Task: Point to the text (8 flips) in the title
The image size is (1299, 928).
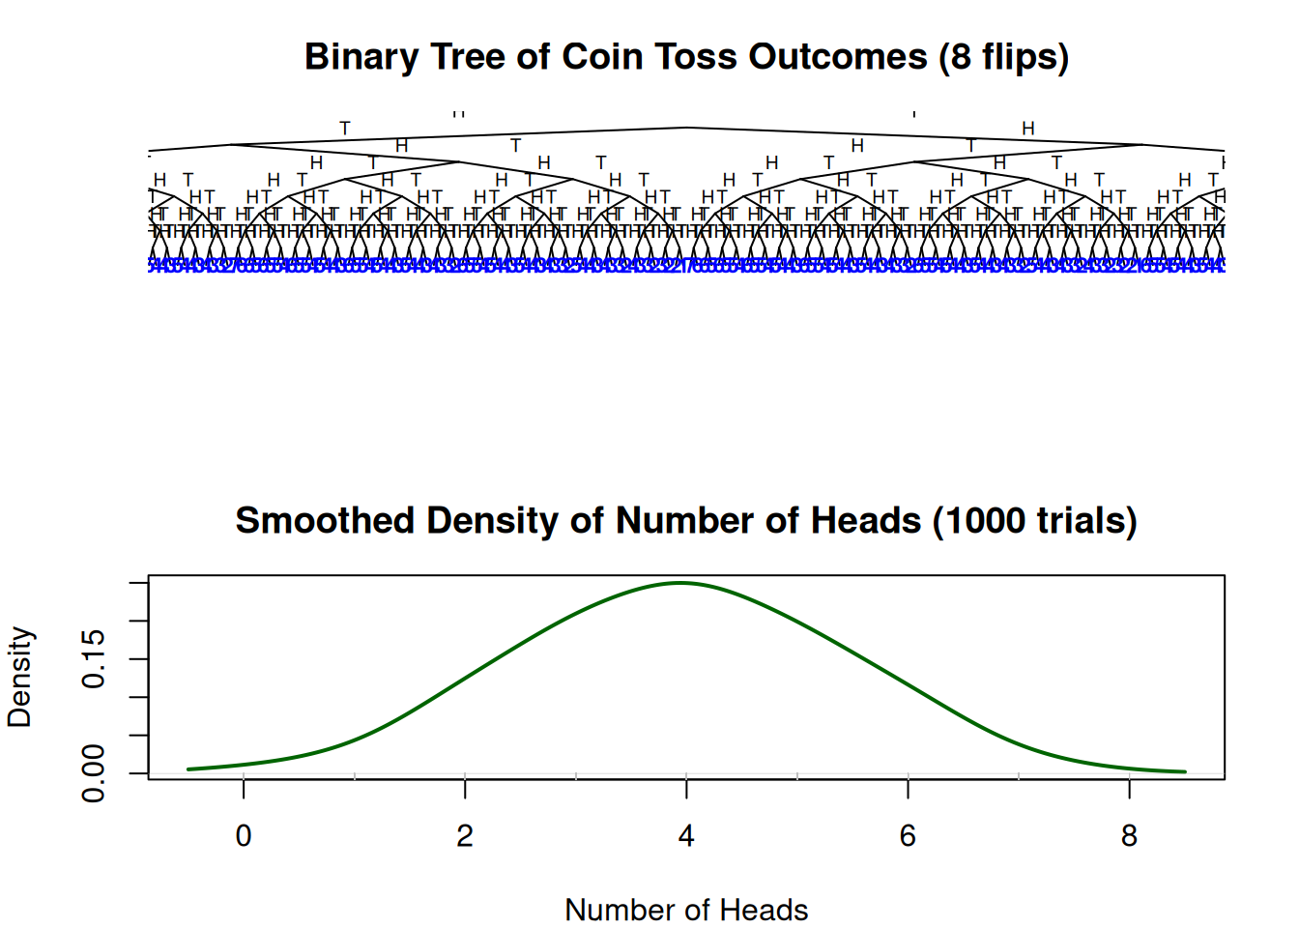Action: pos(1003,58)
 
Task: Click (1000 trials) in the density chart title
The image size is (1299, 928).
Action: pos(1034,521)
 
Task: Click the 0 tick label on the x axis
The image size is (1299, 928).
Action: pos(244,835)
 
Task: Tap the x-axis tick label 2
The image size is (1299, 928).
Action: pos(465,835)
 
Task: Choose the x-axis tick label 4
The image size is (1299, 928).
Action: pos(686,835)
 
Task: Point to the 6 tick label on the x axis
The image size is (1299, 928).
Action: pos(908,835)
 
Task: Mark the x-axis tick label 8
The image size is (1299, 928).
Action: pos(1129,835)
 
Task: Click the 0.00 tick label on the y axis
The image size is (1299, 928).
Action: pos(94,772)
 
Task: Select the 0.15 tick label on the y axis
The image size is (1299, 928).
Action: pos(94,659)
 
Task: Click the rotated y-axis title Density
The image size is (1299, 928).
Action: pos(20,677)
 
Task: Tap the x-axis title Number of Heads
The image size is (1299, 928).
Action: pos(686,910)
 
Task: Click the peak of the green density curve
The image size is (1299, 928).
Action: pos(682,583)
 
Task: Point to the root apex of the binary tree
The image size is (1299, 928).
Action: pos(686,128)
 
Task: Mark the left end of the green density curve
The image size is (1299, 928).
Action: pos(188,769)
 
